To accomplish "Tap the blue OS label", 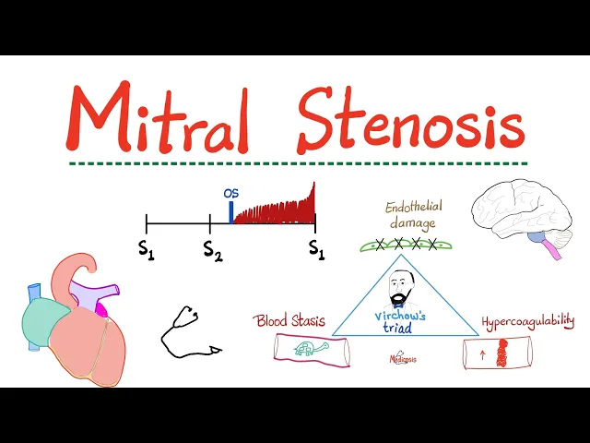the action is point(230,194).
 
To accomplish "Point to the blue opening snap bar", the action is point(230,212).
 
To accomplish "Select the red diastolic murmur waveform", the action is point(277,210).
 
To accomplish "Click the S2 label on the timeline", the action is point(212,249).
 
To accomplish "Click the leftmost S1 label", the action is point(146,249).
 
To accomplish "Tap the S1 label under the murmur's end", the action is point(316,249).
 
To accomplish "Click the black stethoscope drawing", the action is point(188,332).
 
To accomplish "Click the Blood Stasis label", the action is point(290,320).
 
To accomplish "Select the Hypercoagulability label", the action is point(527,321).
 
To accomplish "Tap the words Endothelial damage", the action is point(410,214).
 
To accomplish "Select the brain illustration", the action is point(512,210).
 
